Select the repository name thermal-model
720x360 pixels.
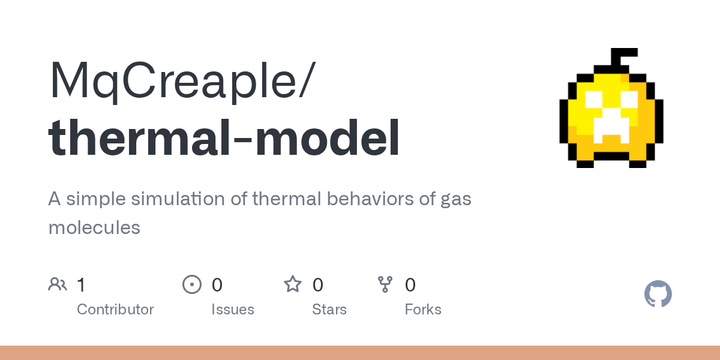click(x=224, y=137)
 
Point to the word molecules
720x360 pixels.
click(x=94, y=227)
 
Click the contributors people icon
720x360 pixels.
click(x=58, y=284)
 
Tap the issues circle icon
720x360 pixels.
click(x=192, y=284)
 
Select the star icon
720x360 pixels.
click(x=293, y=284)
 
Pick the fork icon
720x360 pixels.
click(x=385, y=284)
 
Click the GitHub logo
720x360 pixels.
click(x=658, y=294)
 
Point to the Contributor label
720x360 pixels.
click(x=115, y=310)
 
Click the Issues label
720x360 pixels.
click(x=233, y=310)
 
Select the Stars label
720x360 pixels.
click(x=329, y=310)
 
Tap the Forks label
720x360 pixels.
click(x=423, y=310)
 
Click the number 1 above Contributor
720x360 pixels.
click(x=81, y=285)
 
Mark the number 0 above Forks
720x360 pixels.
click(x=410, y=285)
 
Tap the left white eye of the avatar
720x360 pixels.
click(x=593, y=100)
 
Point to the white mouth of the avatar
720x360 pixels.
click(x=611, y=130)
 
